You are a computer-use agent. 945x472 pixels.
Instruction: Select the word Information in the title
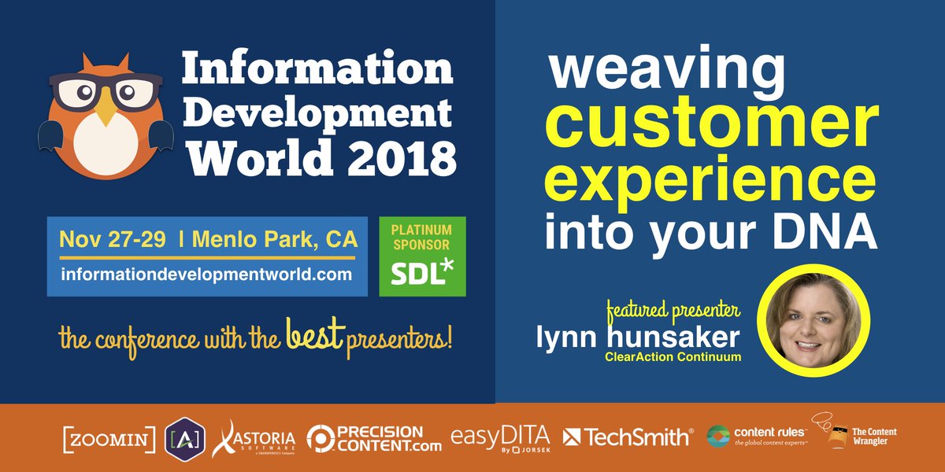[x=317, y=71]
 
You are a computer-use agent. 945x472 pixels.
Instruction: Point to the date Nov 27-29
[x=112, y=238]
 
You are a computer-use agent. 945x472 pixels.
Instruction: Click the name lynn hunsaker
[x=638, y=338]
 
